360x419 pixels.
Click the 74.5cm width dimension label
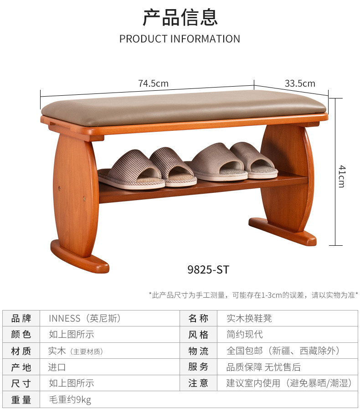(153, 83)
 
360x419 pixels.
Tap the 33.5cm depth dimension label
(300, 83)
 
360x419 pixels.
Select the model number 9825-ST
(208, 270)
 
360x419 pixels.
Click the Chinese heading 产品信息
(180, 17)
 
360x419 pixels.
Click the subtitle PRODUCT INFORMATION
(180, 39)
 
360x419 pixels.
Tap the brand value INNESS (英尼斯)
(85, 318)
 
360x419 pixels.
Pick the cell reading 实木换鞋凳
(249, 318)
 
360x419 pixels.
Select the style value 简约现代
(245, 334)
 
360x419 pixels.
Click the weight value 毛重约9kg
(70, 400)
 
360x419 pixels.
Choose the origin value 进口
(57, 367)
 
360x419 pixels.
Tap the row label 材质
(21, 351)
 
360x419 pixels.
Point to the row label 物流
(198, 351)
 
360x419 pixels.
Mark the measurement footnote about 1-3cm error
(253, 295)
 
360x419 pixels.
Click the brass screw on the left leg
(84, 197)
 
